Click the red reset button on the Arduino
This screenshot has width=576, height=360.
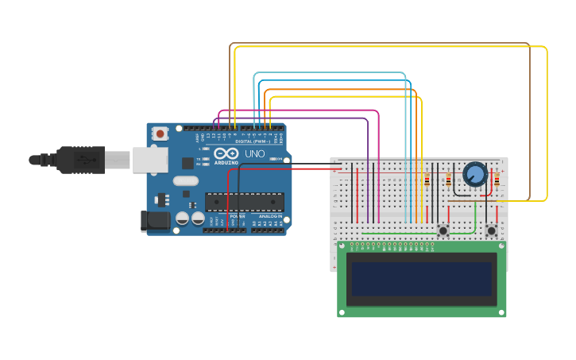(160, 134)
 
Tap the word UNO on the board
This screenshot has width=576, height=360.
(255, 154)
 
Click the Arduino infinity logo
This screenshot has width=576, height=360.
(226, 153)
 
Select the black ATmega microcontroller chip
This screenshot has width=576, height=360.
(244, 202)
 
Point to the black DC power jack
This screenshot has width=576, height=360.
(155, 221)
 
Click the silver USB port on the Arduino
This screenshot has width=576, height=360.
(149, 160)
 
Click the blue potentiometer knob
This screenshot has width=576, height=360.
(475, 174)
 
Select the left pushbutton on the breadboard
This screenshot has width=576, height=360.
(443, 230)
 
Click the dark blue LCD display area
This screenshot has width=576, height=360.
(422, 279)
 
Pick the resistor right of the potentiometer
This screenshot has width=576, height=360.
(497, 182)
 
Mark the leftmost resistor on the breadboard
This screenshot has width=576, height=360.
(427, 181)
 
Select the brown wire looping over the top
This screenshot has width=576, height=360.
(381, 44)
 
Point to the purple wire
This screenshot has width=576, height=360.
(318, 118)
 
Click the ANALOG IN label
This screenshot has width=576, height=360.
(269, 216)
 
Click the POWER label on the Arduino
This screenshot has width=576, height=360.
(237, 216)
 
